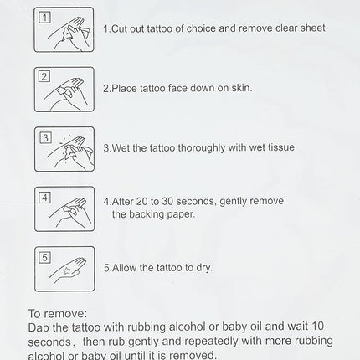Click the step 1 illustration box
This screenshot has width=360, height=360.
[64, 28]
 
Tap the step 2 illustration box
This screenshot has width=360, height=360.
[64, 89]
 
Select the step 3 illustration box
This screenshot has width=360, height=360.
[64, 149]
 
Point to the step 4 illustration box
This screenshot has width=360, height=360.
[64, 208]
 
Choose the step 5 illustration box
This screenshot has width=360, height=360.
[64, 269]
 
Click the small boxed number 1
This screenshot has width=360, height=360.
[45, 18]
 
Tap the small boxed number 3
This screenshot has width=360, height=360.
[45, 137]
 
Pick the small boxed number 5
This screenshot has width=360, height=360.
[45, 257]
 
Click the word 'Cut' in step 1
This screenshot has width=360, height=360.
[120, 28]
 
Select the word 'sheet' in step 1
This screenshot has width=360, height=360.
[311, 28]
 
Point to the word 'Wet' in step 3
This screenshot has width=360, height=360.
[121, 148]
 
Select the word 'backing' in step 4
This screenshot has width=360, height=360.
[147, 214]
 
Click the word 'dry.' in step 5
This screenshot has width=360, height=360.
[201, 268]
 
